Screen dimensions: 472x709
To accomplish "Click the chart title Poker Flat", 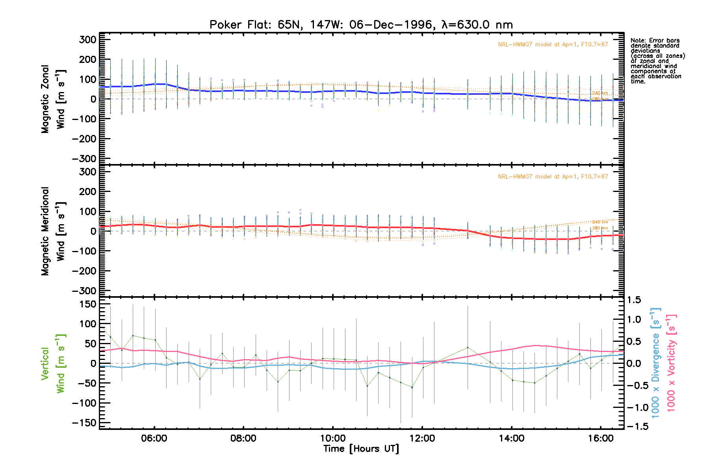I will tap(361, 25).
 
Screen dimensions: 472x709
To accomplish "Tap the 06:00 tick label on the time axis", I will tap(154, 439).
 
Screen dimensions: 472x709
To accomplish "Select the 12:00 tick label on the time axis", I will tap(422, 439).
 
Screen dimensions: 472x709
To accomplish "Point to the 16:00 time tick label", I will tap(601, 439).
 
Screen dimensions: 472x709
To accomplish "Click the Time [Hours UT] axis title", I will tap(361, 449).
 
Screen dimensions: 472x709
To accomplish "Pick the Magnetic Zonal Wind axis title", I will tap(53, 99).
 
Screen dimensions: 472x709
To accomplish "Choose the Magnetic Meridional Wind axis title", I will tap(53, 231).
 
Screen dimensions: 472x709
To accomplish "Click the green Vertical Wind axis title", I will tap(53, 363).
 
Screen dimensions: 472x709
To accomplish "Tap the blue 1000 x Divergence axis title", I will tap(655, 363).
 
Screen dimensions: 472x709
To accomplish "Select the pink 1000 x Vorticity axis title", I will tap(671, 363).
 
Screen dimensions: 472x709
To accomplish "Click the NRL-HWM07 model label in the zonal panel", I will tap(553, 44).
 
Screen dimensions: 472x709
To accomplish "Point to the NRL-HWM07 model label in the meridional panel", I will tap(553, 177).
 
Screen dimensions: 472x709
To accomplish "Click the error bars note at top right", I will tap(657, 61).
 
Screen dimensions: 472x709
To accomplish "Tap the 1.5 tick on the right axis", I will tap(634, 300).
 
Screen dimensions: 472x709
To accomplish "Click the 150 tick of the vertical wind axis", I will tap(87, 304).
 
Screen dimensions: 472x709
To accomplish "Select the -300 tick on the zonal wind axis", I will tap(84, 159).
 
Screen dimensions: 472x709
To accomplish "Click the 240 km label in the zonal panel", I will tap(600, 93).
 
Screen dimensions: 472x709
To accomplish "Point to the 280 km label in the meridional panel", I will tap(600, 228).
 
